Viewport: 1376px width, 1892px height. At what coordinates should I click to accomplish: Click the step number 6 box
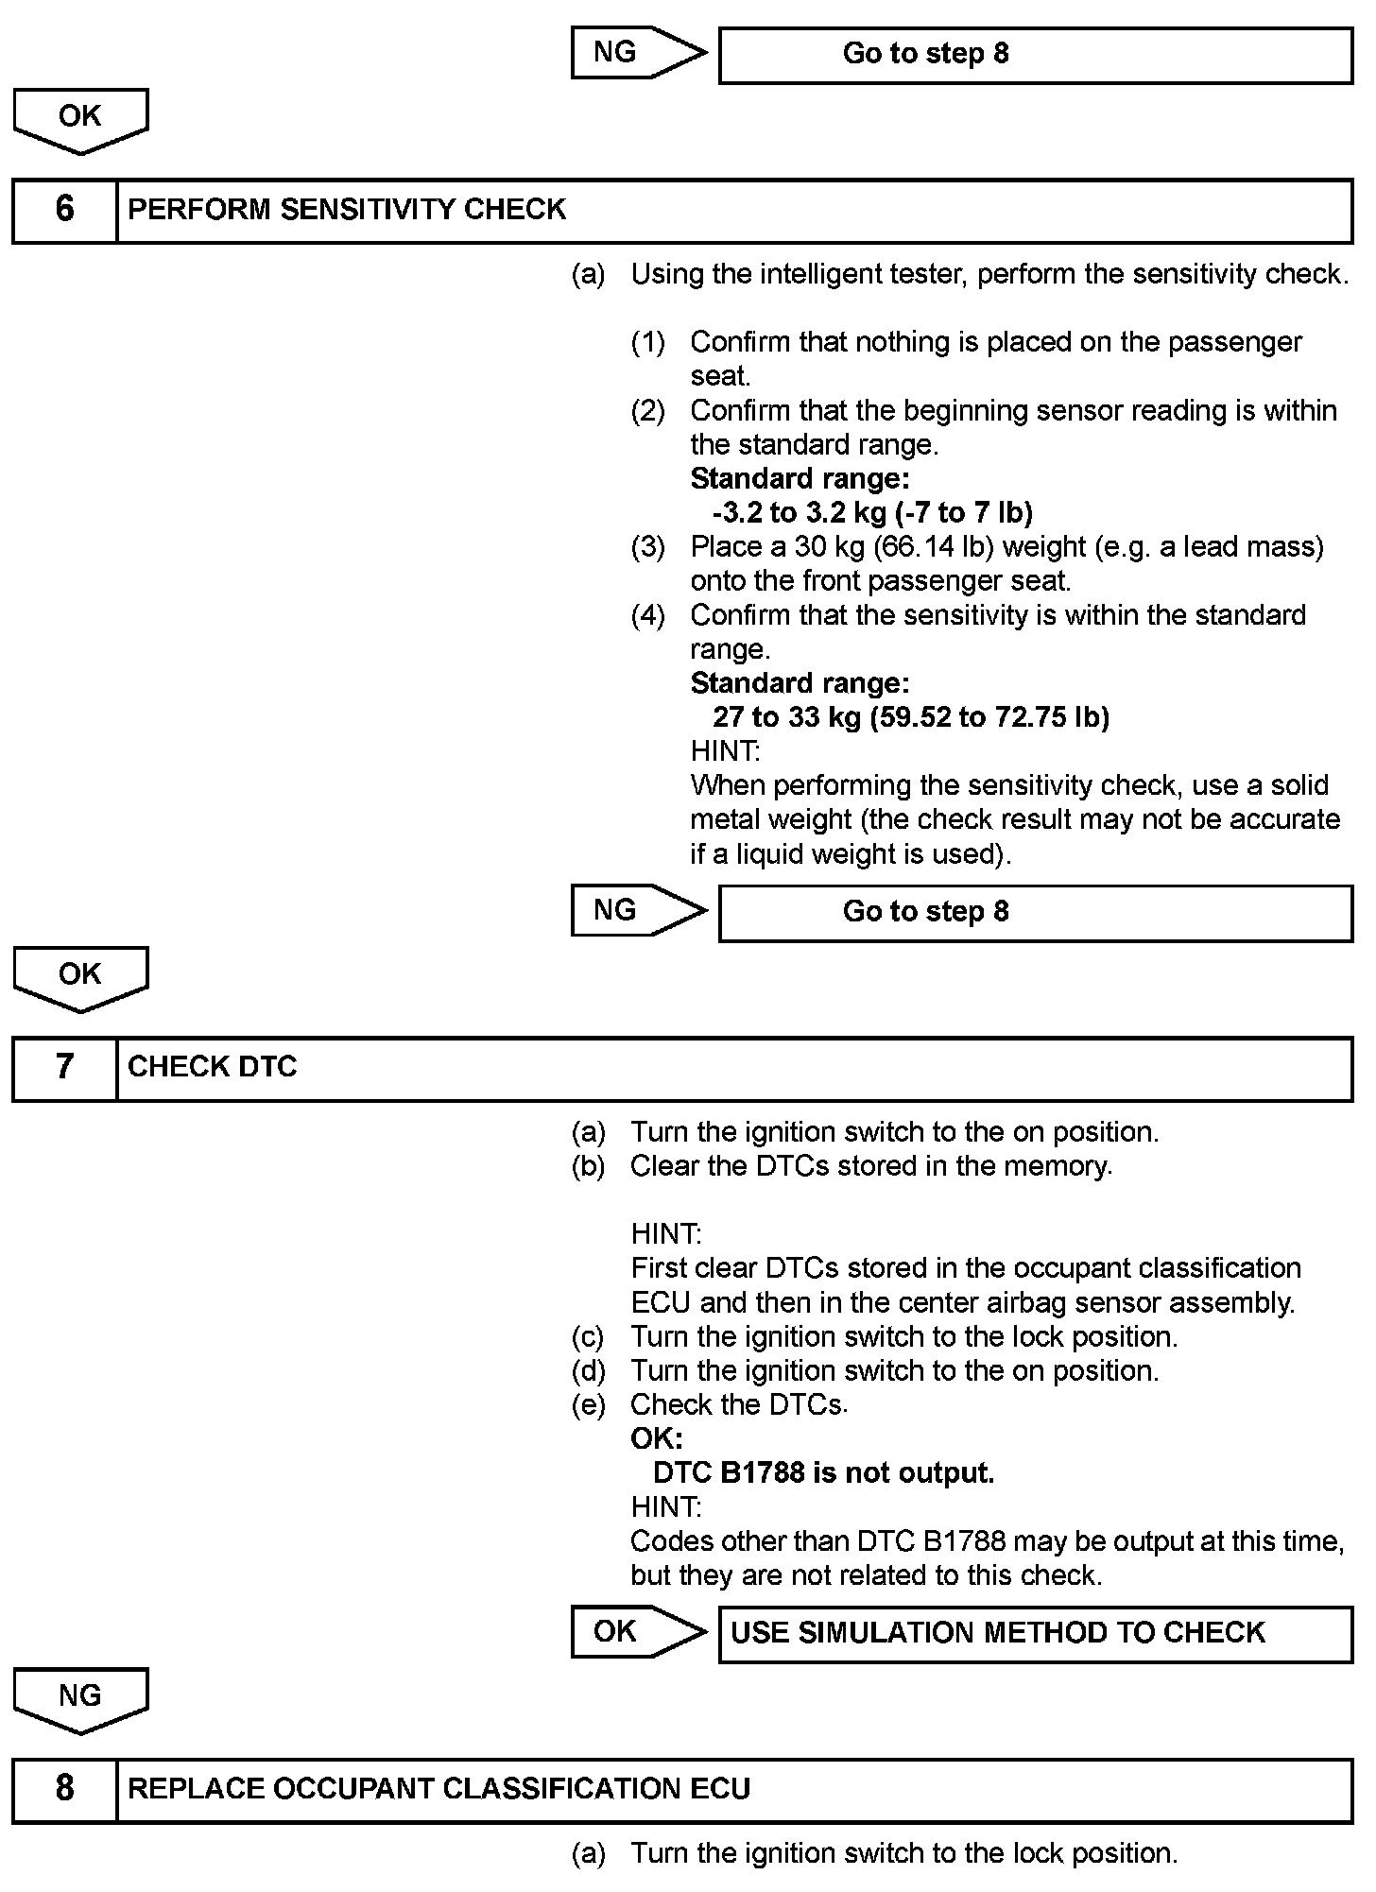[64, 210]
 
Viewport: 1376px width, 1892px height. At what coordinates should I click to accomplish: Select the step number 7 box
[64, 1068]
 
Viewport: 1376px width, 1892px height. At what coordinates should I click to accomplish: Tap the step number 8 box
[64, 1789]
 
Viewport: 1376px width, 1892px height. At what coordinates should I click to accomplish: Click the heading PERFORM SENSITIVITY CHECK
[347, 210]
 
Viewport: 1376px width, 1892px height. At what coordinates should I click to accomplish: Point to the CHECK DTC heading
[213, 1068]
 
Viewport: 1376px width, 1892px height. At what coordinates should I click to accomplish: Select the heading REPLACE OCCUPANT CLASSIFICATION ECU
[439, 1789]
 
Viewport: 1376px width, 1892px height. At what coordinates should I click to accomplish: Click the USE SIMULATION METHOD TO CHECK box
[1035, 1633]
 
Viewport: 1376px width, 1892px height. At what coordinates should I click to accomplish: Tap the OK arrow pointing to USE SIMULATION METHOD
[638, 1632]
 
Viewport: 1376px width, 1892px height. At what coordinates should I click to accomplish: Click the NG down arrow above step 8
[80, 1699]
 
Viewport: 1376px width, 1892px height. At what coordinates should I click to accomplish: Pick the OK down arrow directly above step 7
[80, 977]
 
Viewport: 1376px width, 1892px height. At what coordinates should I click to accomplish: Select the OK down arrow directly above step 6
[80, 119]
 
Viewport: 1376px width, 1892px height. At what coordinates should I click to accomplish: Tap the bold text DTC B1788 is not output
[823, 1473]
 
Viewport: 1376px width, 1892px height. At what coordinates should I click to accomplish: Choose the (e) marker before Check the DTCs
[588, 1405]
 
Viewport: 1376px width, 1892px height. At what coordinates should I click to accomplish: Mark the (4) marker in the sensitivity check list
[647, 616]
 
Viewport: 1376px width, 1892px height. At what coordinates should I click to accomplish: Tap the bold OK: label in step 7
[656, 1439]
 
